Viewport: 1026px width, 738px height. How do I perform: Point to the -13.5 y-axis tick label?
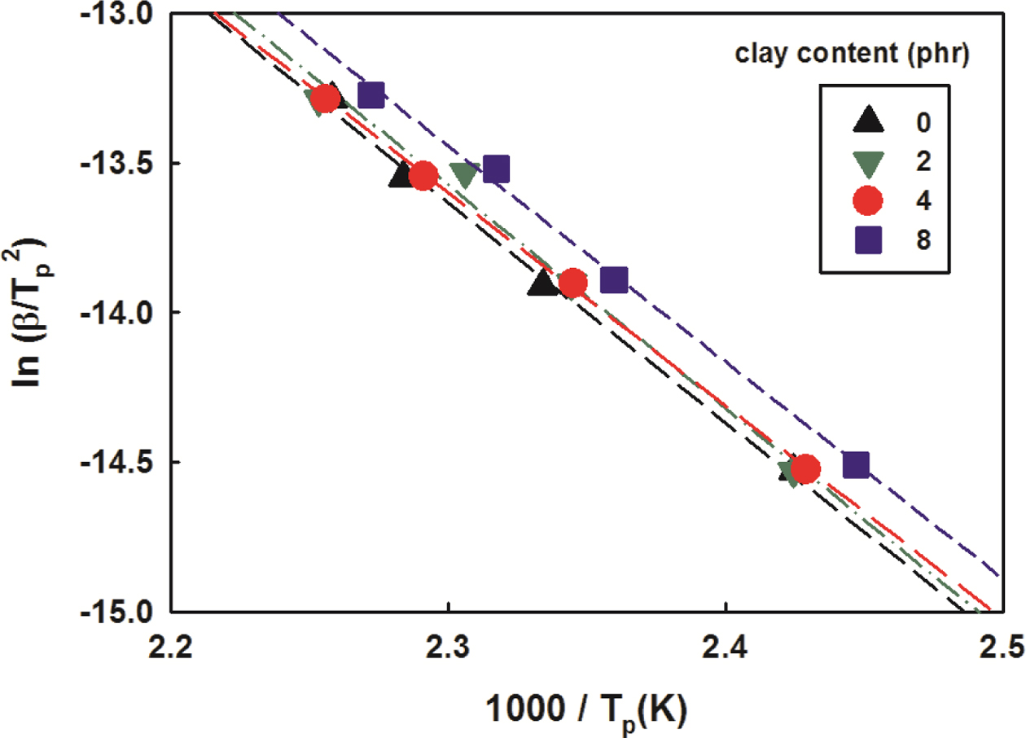[x=125, y=163]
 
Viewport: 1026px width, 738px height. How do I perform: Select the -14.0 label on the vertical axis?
[x=125, y=313]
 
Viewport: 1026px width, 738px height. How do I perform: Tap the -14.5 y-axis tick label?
[x=125, y=462]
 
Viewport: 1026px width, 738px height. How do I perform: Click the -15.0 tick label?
[x=125, y=611]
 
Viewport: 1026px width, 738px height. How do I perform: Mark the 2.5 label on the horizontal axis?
[x=999, y=648]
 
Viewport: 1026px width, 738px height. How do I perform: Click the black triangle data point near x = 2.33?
[x=542, y=283]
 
